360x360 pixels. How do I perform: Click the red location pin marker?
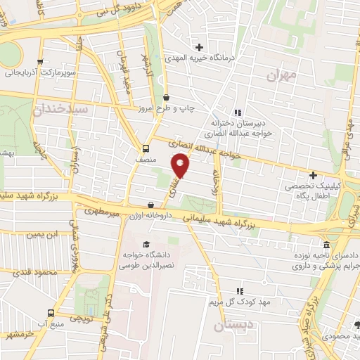pyautogui.click(x=181, y=167)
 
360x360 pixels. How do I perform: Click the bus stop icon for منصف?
pyautogui.click(x=146, y=149)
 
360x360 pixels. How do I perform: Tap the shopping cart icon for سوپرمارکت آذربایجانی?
pyautogui.click(x=41, y=61)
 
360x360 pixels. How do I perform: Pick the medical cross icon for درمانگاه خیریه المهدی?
pyautogui.click(x=201, y=47)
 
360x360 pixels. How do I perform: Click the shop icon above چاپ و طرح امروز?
pyautogui.click(x=166, y=98)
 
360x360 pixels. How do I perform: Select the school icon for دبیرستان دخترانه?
pyautogui.click(x=238, y=112)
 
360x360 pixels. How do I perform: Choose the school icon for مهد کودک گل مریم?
pyautogui.click(x=239, y=290)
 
